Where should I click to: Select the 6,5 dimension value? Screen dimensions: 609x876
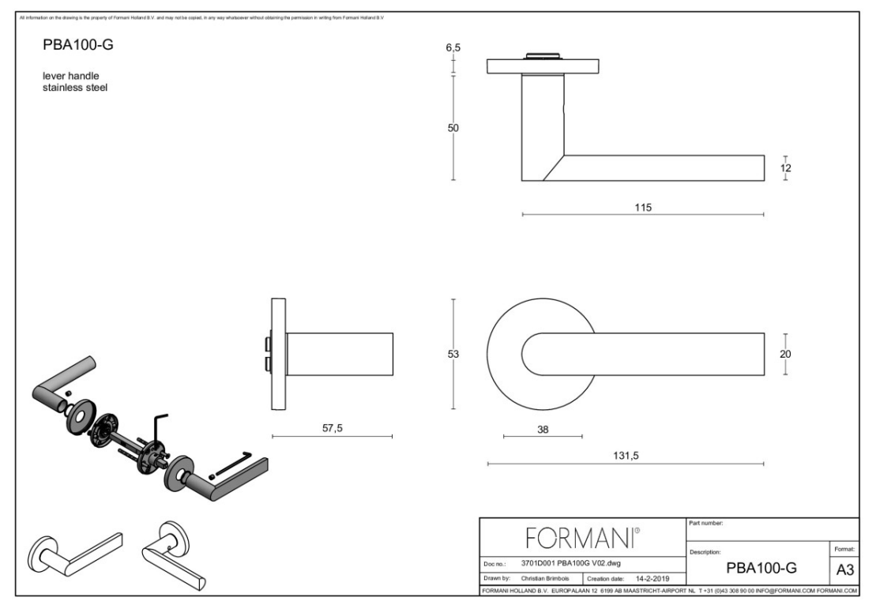pyautogui.click(x=453, y=48)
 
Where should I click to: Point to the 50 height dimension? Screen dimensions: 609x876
pyautogui.click(x=453, y=128)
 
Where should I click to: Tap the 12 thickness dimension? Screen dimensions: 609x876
pyautogui.click(x=785, y=167)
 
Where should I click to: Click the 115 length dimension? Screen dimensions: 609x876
pyautogui.click(x=642, y=207)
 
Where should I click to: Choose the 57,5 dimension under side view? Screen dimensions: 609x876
pyautogui.click(x=333, y=427)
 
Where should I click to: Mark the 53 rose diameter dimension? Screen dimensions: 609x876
pyautogui.click(x=453, y=354)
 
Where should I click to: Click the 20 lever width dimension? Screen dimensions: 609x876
pyautogui.click(x=785, y=354)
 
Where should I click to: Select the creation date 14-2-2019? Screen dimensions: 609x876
pyautogui.click(x=653, y=578)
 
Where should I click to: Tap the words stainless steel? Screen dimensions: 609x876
pyautogui.click(x=75, y=88)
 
